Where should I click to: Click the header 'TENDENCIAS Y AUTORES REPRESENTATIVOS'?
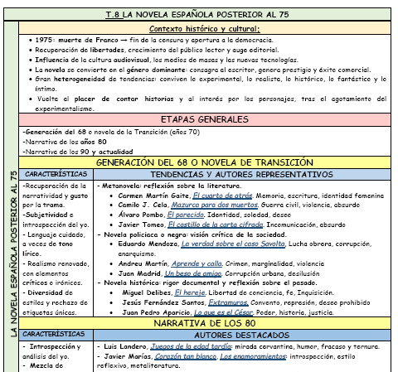coord(240,176)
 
